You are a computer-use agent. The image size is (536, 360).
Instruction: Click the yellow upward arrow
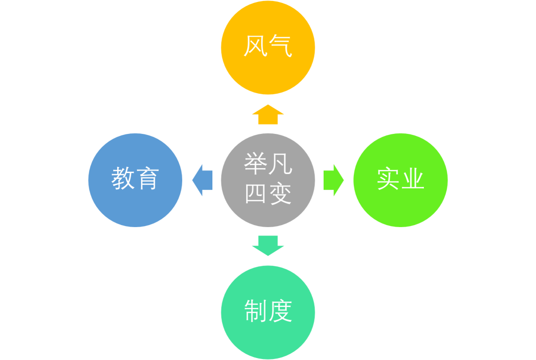tap(268, 115)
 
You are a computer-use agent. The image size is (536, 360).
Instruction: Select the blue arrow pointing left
tap(202, 180)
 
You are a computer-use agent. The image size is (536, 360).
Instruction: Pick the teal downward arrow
tap(268, 245)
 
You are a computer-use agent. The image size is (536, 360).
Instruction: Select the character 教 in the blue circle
tap(123, 179)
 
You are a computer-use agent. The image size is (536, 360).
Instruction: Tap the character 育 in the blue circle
tap(147, 179)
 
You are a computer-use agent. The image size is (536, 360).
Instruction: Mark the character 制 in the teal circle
tap(256, 311)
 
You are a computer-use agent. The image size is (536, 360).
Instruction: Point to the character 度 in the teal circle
tap(280, 311)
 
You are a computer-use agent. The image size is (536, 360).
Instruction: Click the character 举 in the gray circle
tap(256, 164)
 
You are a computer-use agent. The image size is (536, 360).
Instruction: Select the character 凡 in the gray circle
tap(280, 164)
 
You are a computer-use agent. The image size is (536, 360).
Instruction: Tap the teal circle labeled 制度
tap(268, 337)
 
